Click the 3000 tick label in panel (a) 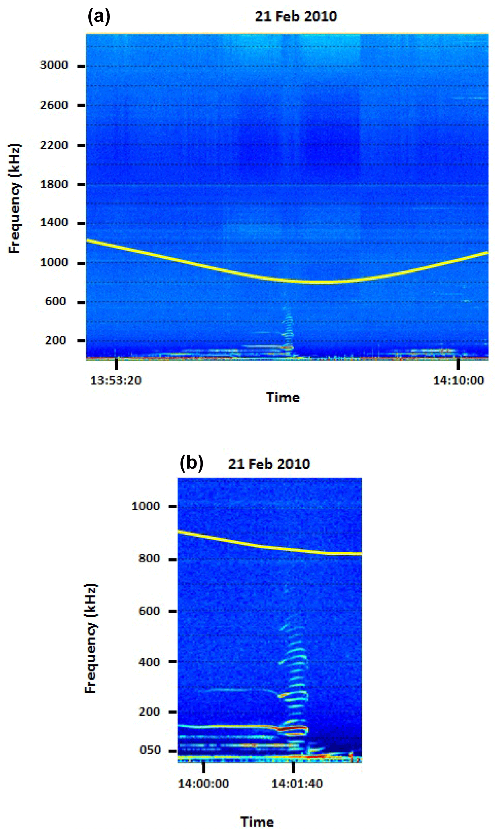coord(54,65)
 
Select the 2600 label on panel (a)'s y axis coord(54,105)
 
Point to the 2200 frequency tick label coord(54,145)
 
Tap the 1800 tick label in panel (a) coord(54,184)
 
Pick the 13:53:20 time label coord(116,381)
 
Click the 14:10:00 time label coord(458,381)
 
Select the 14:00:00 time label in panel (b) coord(203,783)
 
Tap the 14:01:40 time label coord(297,783)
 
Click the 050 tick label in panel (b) coord(150,750)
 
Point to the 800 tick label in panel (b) coord(149,559)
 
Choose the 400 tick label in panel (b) coord(149,662)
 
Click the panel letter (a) coord(99,16)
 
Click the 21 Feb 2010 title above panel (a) coord(296,17)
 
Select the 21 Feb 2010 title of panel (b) coord(269,464)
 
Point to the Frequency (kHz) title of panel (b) coord(91,638)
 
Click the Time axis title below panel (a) coord(283,397)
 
